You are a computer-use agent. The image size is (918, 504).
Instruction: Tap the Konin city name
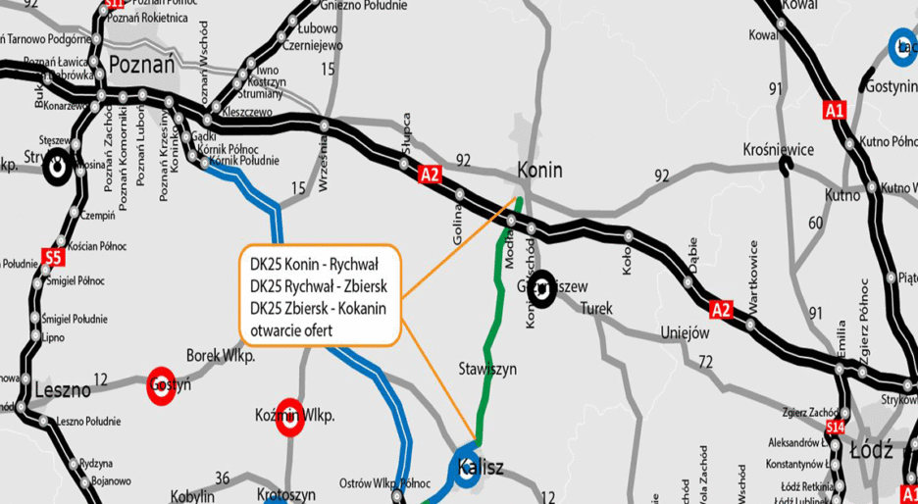click(539, 170)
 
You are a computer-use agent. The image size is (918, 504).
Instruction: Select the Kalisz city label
click(480, 468)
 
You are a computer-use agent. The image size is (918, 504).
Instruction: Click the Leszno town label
click(62, 389)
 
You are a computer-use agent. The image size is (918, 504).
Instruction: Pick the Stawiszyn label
click(487, 369)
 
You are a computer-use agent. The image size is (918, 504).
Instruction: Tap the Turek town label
click(596, 308)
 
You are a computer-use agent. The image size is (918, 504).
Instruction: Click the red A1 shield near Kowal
click(836, 110)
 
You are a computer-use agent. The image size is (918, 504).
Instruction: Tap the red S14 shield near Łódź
click(836, 428)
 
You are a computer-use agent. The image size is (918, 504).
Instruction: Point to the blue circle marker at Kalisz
click(465, 468)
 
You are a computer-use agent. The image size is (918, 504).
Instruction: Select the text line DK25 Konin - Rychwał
click(314, 265)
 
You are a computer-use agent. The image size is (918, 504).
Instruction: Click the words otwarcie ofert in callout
click(292, 330)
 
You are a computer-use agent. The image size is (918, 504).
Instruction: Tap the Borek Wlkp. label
click(221, 356)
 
